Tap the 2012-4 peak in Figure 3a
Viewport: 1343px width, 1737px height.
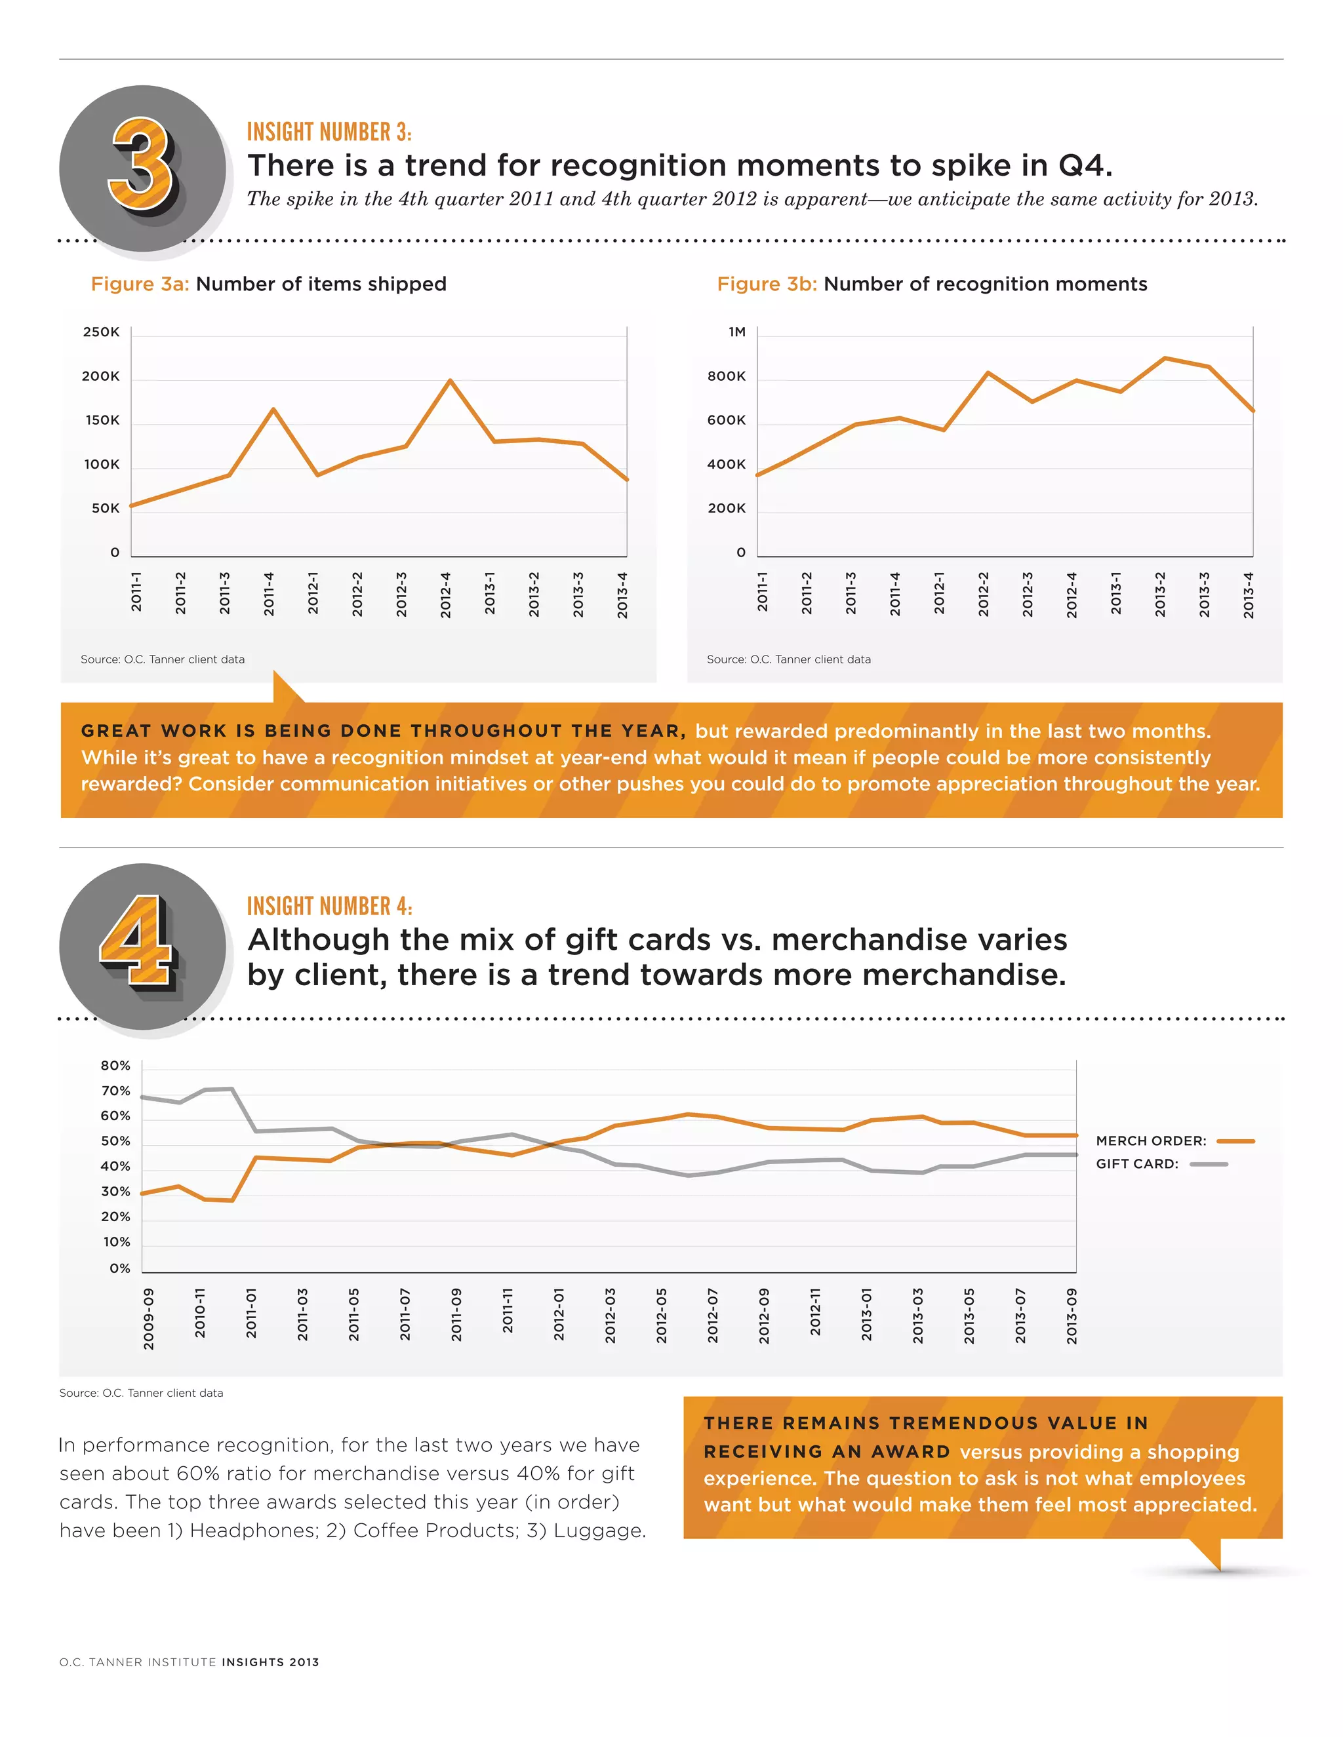coord(451,381)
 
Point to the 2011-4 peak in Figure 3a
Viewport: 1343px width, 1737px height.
coord(273,410)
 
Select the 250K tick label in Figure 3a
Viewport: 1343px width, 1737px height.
coord(101,332)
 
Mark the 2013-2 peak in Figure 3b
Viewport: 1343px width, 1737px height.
coord(1165,359)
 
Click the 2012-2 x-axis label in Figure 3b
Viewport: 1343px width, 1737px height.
coord(984,593)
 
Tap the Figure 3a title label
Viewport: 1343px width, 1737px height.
coord(268,284)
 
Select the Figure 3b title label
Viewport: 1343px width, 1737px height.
coord(932,284)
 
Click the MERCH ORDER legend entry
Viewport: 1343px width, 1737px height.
coord(1174,1141)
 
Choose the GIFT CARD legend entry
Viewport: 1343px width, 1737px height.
coord(1161,1163)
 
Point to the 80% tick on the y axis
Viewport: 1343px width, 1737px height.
coord(115,1066)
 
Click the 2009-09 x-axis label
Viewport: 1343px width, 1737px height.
coord(149,1319)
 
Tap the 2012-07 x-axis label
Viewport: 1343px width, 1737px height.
coord(713,1316)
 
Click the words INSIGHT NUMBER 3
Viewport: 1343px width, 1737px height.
coord(329,132)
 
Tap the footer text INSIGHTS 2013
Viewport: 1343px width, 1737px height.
coord(271,1662)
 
